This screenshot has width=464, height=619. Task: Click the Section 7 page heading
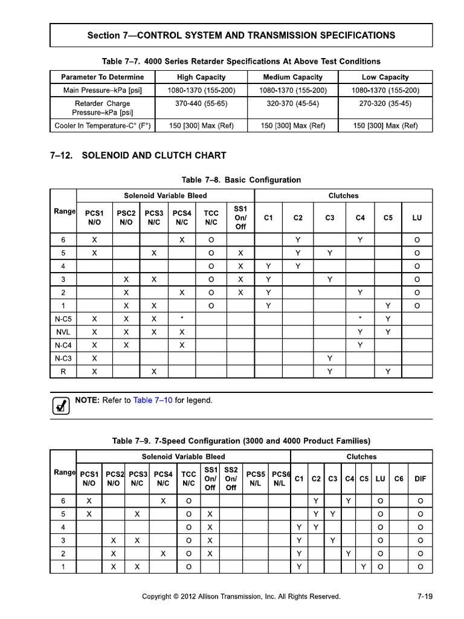241,35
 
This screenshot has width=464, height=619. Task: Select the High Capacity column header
201,77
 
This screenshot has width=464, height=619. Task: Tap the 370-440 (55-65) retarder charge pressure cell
201,103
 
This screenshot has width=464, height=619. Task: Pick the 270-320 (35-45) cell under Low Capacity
385,103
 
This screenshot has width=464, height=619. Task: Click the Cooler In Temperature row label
102,126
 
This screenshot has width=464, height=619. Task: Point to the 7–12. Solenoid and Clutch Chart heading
138,155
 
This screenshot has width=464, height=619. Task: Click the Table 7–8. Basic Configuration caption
241,180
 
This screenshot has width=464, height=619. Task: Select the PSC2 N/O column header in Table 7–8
126,218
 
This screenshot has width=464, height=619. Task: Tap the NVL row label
63,332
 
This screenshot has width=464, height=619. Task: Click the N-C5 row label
63,319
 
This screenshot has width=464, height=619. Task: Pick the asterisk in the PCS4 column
182,319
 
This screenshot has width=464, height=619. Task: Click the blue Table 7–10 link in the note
153,400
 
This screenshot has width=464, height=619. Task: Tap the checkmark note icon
60,406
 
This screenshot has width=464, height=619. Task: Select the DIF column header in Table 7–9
420,478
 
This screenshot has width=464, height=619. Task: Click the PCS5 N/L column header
256,478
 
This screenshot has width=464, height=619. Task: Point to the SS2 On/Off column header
231,478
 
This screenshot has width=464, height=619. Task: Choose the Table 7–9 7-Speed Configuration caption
241,441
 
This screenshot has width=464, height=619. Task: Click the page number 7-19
425,597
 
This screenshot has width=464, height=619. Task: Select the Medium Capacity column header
293,77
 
